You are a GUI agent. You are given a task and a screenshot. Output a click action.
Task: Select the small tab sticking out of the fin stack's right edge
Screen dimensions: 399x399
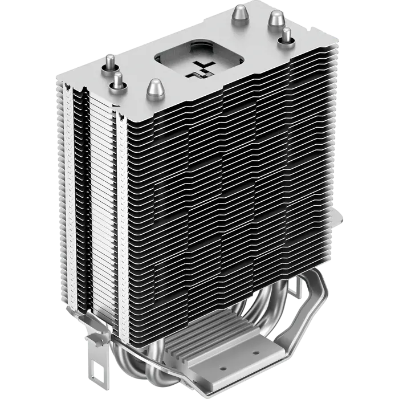(344, 218)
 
